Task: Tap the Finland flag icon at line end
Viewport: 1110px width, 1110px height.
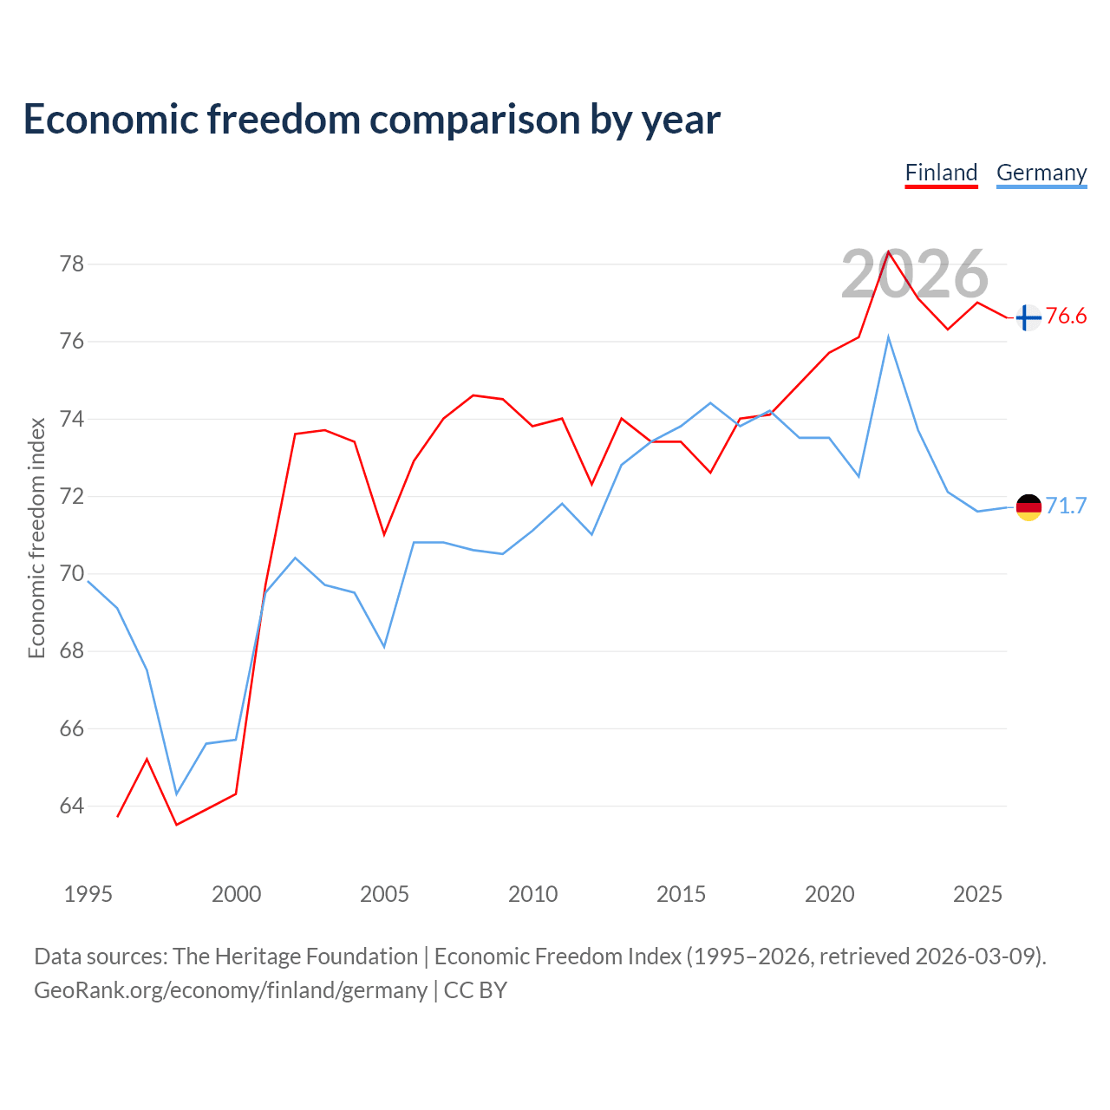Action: [1028, 317]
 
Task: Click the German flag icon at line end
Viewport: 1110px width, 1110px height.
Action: [1028, 507]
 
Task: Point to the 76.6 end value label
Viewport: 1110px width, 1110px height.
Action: [1066, 317]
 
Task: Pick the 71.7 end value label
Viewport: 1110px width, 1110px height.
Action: [1066, 506]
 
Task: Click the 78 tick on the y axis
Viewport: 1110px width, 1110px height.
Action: [72, 264]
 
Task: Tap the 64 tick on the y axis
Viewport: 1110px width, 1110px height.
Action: [72, 806]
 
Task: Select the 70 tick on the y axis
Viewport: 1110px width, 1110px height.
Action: [72, 574]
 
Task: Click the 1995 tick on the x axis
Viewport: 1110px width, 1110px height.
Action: [88, 895]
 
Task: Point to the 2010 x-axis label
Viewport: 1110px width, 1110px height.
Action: [532, 895]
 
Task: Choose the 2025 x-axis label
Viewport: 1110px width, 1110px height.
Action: [977, 895]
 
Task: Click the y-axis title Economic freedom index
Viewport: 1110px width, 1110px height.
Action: [37, 538]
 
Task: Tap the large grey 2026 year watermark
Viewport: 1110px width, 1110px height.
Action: [915, 274]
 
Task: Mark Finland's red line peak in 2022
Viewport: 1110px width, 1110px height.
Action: [888, 251]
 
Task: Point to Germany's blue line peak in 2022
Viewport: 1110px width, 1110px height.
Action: [888, 337]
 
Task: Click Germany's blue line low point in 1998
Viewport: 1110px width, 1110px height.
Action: [177, 794]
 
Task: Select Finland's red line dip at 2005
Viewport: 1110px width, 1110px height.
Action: [384, 534]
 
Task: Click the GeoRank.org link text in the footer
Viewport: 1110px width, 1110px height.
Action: [231, 990]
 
